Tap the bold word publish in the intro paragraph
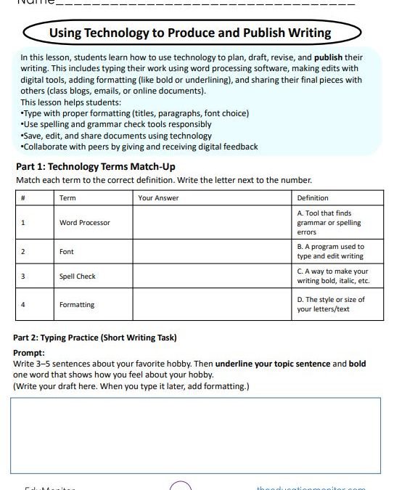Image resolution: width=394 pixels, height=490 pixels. (x=329, y=57)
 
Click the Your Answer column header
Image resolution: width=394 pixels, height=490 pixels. (x=158, y=197)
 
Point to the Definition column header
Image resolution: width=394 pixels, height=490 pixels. (x=313, y=197)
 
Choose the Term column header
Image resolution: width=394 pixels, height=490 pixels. (x=67, y=197)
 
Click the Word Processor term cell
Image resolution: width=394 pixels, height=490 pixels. (x=85, y=223)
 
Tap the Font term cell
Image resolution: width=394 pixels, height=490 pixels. (x=67, y=251)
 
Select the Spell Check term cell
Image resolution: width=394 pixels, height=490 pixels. (x=78, y=277)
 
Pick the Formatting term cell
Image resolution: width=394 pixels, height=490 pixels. (x=77, y=305)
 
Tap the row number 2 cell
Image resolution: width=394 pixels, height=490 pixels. (x=23, y=251)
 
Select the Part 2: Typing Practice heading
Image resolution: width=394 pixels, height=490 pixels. (x=94, y=338)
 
